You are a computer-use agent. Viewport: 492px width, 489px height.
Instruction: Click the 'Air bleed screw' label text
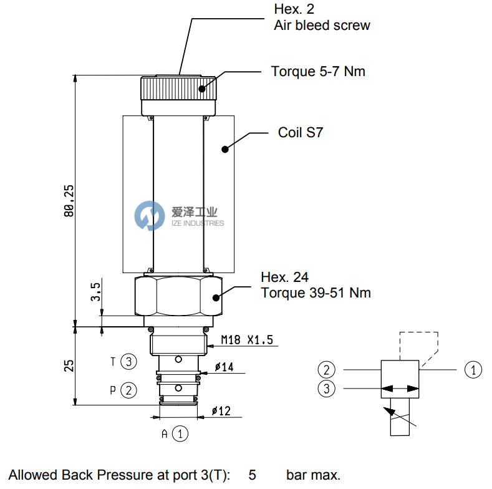pos(322,26)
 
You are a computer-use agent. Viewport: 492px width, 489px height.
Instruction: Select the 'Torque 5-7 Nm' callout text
pos(318,71)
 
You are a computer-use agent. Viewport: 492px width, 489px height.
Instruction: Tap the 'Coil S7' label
pos(300,133)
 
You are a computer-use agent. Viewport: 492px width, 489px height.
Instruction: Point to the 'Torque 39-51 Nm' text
pos(316,293)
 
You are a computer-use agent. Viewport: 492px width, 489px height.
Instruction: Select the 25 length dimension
pos(70,365)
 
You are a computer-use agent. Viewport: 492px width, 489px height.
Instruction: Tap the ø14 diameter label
pos(224,367)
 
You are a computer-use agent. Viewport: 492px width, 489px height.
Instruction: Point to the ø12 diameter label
pos(221,411)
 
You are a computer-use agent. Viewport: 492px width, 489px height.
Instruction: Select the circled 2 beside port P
pos(128,390)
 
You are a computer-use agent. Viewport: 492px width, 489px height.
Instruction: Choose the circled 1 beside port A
pos(180,433)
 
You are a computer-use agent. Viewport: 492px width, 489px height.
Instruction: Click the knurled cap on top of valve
pos(178,91)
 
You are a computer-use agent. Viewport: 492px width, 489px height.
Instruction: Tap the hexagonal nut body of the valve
pos(178,296)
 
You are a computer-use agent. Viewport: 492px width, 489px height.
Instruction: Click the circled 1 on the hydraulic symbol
pos(473,369)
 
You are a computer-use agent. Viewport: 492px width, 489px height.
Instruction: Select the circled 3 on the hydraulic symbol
pos(326,389)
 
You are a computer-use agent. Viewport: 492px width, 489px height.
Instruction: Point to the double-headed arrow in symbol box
pos(400,389)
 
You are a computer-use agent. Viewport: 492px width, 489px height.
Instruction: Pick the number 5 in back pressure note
pos(252,475)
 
